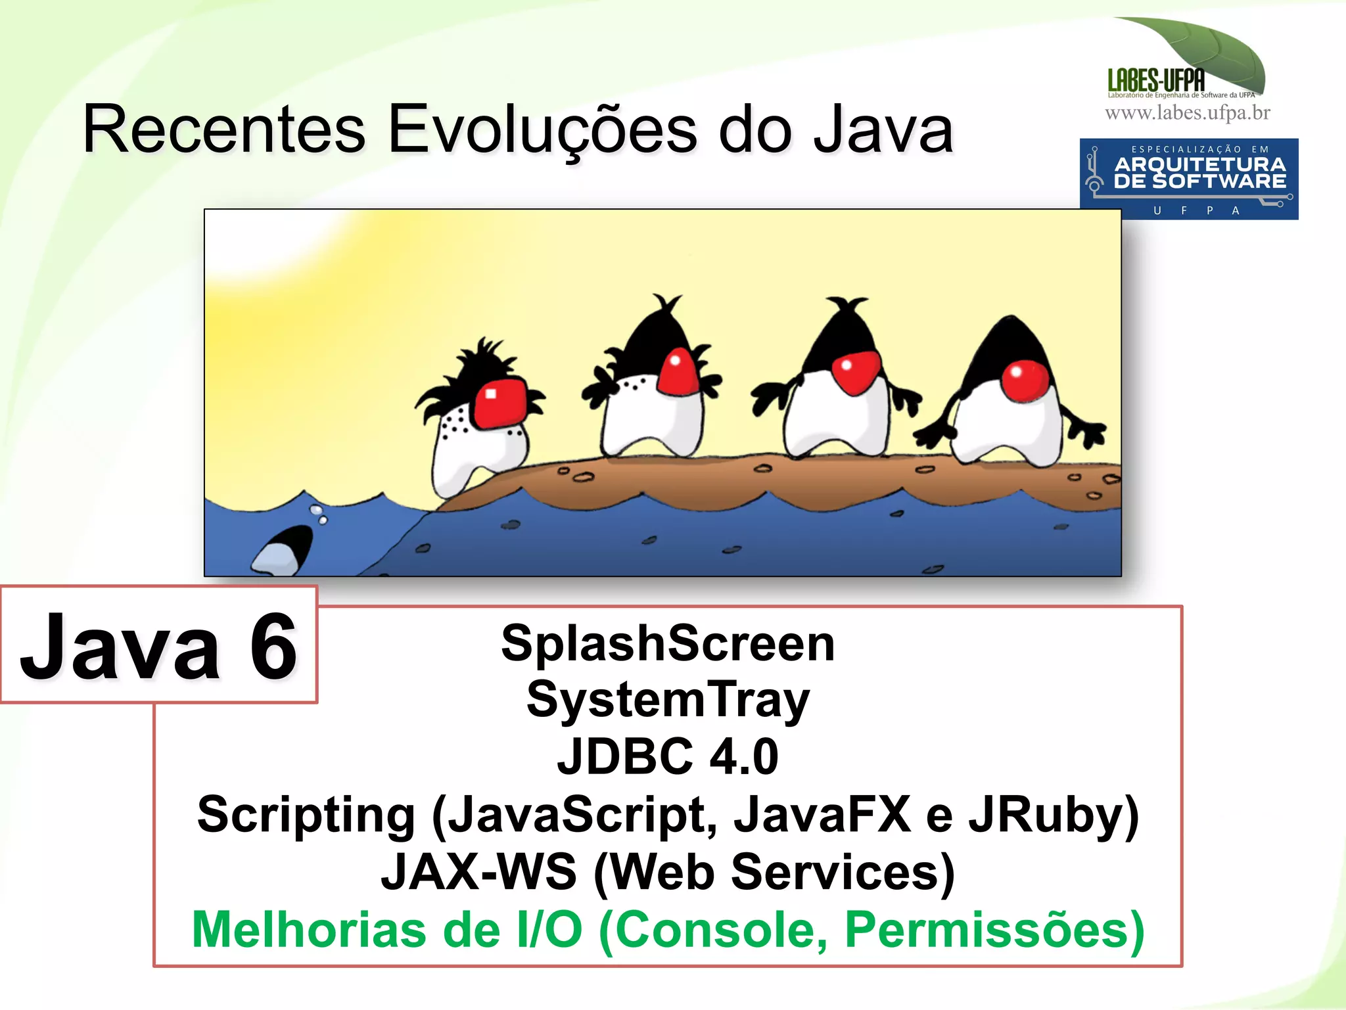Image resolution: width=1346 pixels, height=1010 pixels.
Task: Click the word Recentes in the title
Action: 223,130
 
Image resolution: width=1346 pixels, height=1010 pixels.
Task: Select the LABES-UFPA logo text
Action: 1156,81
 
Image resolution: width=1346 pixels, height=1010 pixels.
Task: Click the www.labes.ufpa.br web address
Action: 1188,113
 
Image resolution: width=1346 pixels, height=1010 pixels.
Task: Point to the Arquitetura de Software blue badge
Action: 1189,179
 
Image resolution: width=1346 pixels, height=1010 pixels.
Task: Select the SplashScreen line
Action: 668,643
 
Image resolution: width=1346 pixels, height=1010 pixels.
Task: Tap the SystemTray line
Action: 668,700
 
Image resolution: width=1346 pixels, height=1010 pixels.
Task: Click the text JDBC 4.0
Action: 668,757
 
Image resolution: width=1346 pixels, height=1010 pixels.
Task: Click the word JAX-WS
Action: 478,873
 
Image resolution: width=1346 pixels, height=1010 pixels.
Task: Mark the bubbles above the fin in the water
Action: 319,514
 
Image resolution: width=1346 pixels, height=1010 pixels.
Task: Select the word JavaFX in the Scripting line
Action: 822,815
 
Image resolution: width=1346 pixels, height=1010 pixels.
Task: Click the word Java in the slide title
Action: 883,130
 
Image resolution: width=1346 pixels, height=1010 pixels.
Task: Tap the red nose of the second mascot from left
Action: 678,372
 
